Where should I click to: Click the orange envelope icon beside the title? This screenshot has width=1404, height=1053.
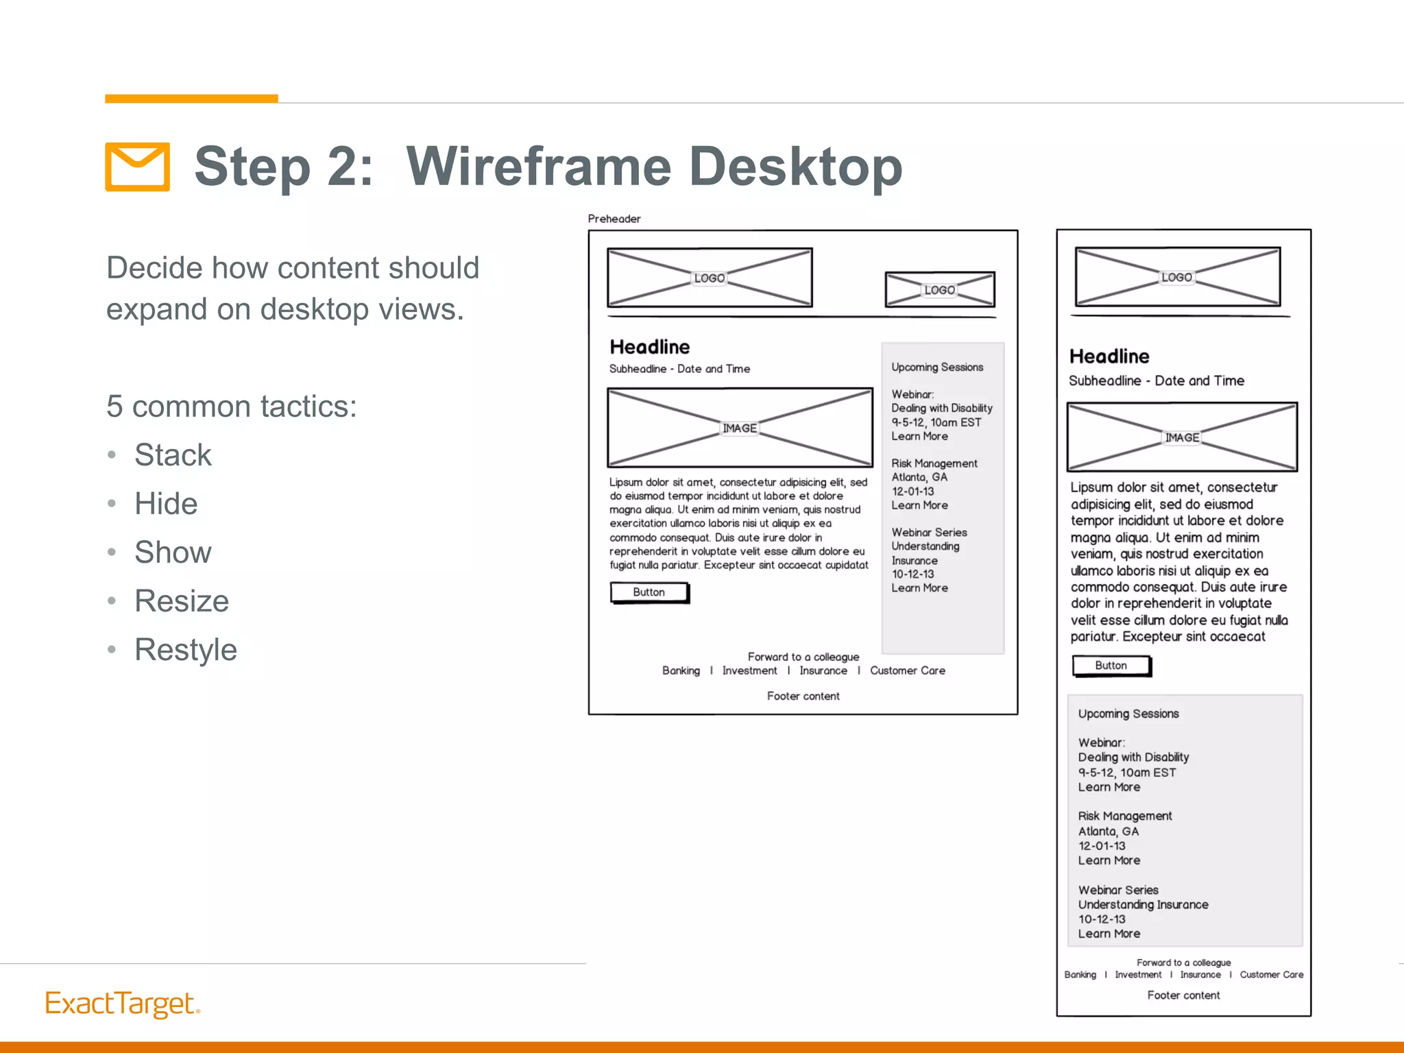tap(137, 167)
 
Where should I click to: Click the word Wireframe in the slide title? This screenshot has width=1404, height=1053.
tap(538, 167)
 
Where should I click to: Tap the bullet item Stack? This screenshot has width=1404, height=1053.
tap(173, 455)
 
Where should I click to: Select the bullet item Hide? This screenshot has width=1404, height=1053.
tap(166, 504)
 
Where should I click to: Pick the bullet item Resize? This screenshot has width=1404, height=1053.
tap(182, 601)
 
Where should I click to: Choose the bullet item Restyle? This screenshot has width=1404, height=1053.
tap(186, 650)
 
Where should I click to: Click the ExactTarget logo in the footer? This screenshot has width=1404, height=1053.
tap(122, 1004)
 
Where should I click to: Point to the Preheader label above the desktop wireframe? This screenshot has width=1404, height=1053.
tap(614, 219)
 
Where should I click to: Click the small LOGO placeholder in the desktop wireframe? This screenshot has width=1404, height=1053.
tap(939, 290)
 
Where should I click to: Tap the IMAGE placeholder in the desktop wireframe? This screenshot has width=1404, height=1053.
tap(740, 428)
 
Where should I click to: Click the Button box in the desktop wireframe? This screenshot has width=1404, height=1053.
tap(649, 592)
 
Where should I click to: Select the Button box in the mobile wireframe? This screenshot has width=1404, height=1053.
tap(1111, 666)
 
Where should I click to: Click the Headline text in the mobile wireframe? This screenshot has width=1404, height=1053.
tap(1109, 356)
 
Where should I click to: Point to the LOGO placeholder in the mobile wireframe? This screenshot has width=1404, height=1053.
tap(1176, 277)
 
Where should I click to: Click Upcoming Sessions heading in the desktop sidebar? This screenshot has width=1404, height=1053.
tap(937, 367)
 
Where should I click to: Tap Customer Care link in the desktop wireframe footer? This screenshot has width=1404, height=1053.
tap(907, 670)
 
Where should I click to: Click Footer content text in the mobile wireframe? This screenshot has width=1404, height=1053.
tap(1183, 995)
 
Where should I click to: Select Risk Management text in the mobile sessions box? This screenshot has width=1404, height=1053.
tap(1125, 816)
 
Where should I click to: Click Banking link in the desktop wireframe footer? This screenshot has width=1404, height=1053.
tap(681, 670)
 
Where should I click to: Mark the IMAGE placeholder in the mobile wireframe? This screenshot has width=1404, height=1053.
tap(1182, 437)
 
